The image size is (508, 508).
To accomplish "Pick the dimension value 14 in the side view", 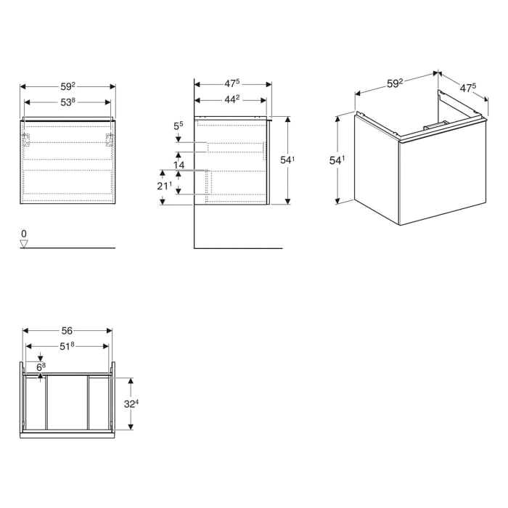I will [x=179, y=165].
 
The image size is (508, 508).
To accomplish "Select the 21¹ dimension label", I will [x=165, y=187].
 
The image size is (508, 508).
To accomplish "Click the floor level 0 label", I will [x=24, y=234].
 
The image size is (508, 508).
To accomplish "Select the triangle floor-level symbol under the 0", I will [x=24, y=244].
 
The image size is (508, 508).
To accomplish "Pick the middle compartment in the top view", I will [x=67, y=403].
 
